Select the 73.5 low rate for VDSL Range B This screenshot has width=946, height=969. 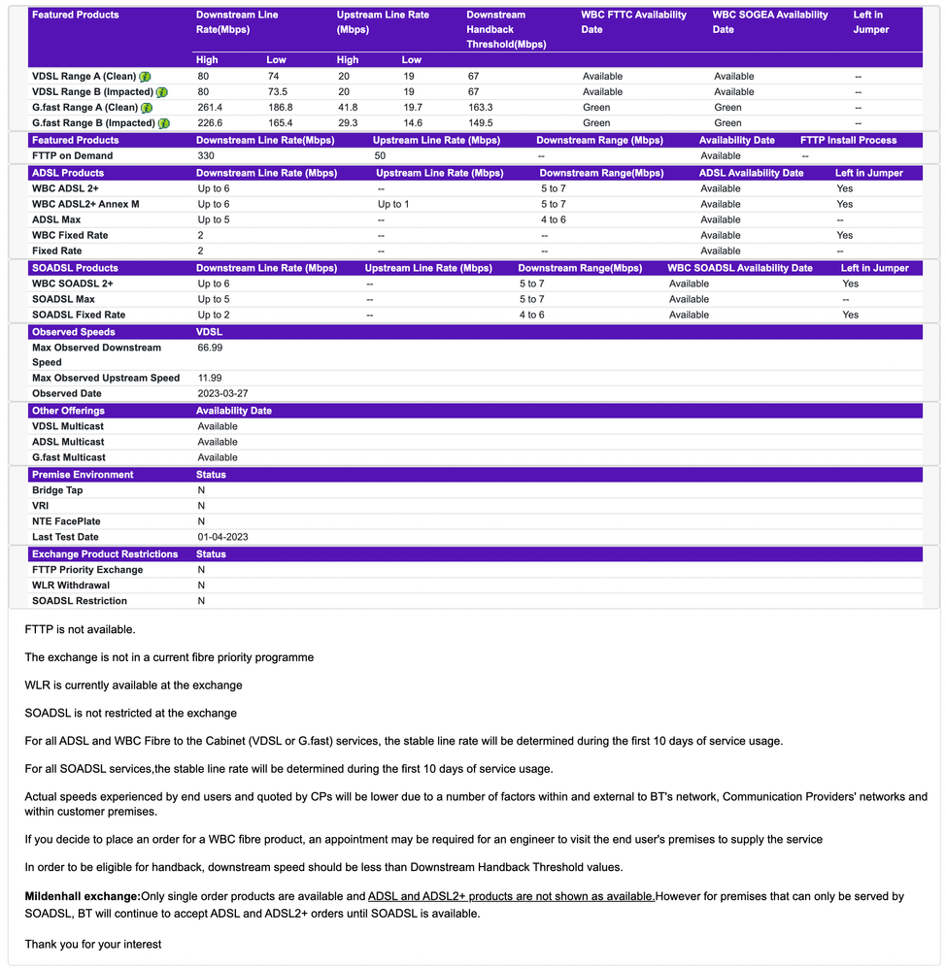(x=279, y=92)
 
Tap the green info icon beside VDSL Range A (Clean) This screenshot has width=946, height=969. (x=145, y=77)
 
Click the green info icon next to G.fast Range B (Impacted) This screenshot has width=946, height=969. (x=164, y=123)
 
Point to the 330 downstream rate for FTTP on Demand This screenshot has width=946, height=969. (x=206, y=156)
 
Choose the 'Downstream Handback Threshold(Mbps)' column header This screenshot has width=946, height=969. (x=506, y=29)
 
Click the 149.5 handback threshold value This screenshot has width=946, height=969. (x=480, y=123)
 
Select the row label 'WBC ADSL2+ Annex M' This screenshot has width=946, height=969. (x=85, y=205)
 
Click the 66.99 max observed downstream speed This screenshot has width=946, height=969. (x=210, y=348)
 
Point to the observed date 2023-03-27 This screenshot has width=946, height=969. (x=222, y=394)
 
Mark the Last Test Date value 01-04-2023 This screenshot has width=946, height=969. (x=222, y=538)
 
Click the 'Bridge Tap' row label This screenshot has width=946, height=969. (x=57, y=491)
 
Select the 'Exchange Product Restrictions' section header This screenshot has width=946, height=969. (x=105, y=554)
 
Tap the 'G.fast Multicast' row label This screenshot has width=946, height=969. (x=69, y=457)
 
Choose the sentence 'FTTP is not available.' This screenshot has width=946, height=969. (x=80, y=630)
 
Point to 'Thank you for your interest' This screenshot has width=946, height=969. (x=93, y=944)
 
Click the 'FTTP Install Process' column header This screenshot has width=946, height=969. (x=848, y=141)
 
